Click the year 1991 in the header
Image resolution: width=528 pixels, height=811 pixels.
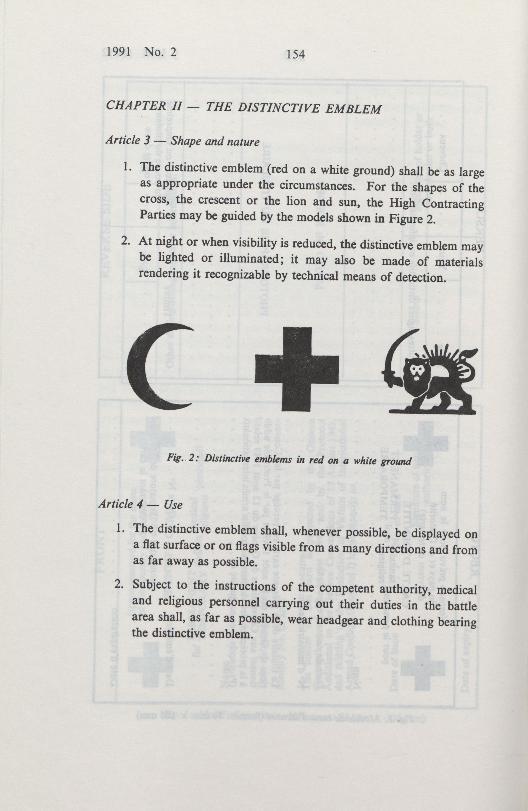(x=118, y=52)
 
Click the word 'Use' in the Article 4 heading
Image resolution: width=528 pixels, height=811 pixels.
(x=173, y=504)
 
